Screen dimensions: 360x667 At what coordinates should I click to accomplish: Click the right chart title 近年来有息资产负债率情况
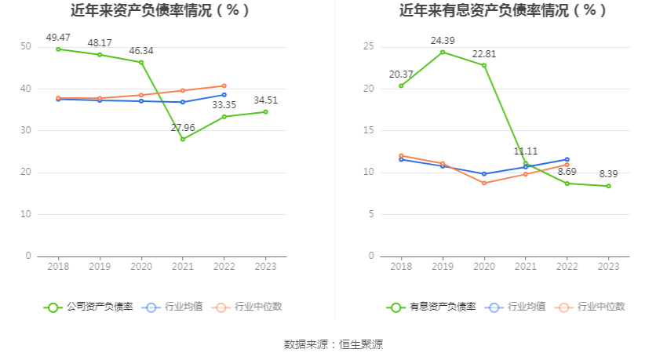503,11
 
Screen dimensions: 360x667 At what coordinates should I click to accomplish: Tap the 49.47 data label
58,38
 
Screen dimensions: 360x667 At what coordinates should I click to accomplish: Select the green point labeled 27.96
183,139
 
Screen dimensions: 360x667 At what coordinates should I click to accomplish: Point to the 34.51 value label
265,100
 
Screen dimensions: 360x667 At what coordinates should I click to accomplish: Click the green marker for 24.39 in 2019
443,53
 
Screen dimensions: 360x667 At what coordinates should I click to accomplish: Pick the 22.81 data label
484,54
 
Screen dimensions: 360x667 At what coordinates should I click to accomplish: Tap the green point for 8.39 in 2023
608,186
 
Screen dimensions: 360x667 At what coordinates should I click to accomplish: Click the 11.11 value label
526,151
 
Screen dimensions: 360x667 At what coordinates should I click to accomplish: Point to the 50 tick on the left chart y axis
27,47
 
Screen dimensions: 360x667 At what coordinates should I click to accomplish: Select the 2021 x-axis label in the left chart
183,267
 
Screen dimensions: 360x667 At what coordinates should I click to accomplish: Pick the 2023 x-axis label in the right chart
608,267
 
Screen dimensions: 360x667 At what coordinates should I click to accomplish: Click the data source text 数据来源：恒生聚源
333,344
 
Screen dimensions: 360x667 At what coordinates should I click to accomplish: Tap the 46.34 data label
141,51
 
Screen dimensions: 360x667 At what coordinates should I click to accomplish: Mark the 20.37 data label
401,75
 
